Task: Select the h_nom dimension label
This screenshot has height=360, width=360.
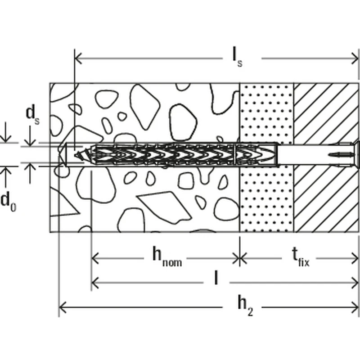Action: coord(166,257)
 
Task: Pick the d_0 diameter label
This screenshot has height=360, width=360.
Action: coord(8,201)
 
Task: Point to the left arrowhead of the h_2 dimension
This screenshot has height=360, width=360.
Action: coord(63,308)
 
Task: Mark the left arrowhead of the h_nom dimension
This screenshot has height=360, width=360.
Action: coord(95,258)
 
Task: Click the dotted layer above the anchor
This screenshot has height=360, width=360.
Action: coord(266,112)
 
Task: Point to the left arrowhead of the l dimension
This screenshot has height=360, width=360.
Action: coord(95,283)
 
